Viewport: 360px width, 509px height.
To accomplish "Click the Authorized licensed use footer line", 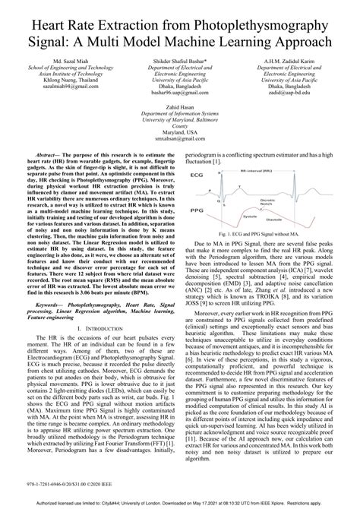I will (x=180, y=503).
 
